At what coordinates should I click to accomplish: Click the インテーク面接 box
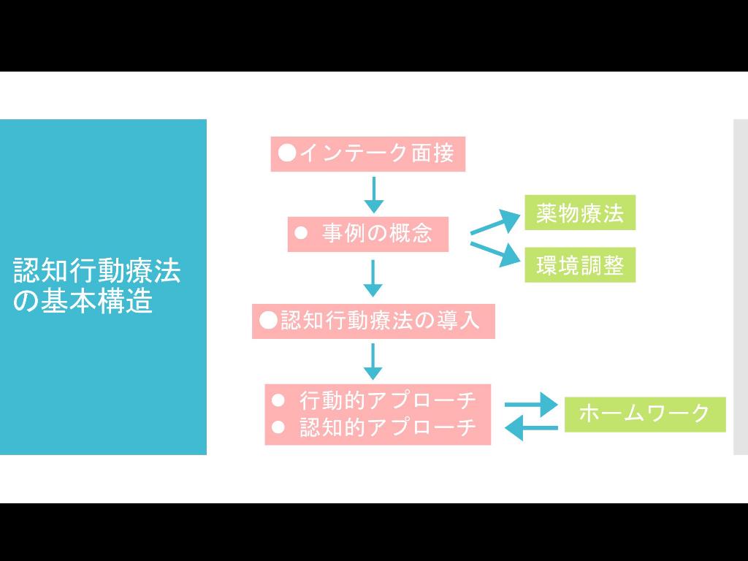click(x=367, y=153)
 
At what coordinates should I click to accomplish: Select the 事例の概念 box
click(x=367, y=234)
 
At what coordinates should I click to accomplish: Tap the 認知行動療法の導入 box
click(x=373, y=321)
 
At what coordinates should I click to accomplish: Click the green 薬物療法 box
click(x=580, y=213)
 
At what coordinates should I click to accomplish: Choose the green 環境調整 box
click(x=580, y=264)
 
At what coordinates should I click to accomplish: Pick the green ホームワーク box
click(x=644, y=413)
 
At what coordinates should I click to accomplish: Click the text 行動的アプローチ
click(x=388, y=400)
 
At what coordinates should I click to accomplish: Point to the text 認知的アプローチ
click(x=388, y=427)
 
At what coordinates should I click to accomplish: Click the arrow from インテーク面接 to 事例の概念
click(x=373, y=194)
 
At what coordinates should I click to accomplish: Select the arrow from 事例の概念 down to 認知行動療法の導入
click(x=373, y=278)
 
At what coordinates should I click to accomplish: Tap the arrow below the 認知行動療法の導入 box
click(x=373, y=361)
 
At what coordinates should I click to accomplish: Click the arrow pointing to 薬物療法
click(x=495, y=222)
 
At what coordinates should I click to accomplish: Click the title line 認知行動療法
click(x=96, y=271)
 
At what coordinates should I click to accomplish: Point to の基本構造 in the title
click(x=83, y=301)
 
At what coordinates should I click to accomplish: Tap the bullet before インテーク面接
click(x=287, y=153)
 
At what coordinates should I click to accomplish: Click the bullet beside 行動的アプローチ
click(x=277, y=400)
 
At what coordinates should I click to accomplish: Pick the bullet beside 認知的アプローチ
click(x=277, y=427)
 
